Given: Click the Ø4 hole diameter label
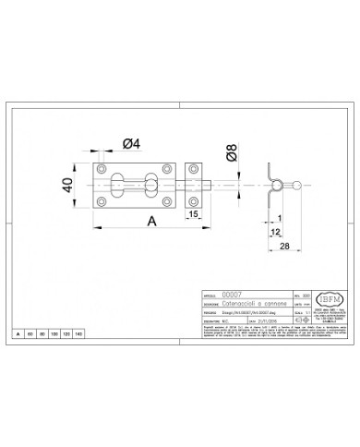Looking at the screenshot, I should pyautogui.click(x=131, y=143).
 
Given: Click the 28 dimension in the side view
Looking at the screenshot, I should pyautogui.click(x=283, y=246).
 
